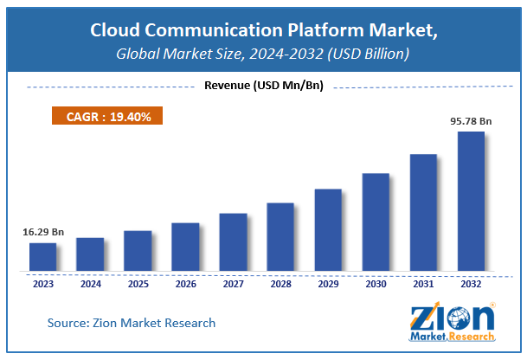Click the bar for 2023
pyautogui.click(x=42, y=256)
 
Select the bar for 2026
pyautogui.click(x=185, y=247)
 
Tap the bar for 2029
pyautogui.click(x=328, y=229)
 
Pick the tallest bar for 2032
pyautogui.click(x=471, y=201)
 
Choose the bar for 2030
pyautogui.click(x=376, y=222)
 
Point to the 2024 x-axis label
pyautogui.click(x=90, y=283)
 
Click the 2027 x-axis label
pyautogui.click(x=233, y=283)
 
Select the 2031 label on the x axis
pyautogui.click(x=423, y=283)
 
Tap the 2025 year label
pyautogui.click(x=138, y=283)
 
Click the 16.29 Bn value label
pyautogui.click(x=43, y=233)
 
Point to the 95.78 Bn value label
pyautogui.click(x=471, y=120)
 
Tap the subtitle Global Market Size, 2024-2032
pyautogui.click(x=264, y=55)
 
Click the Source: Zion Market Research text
pyautogui.click(x=132, y=323)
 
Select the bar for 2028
pyautogui.click(x=280, y=236)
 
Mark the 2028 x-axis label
pyautogui.click(x=280, y=283)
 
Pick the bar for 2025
pyautogui.click(x=138, y=250)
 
